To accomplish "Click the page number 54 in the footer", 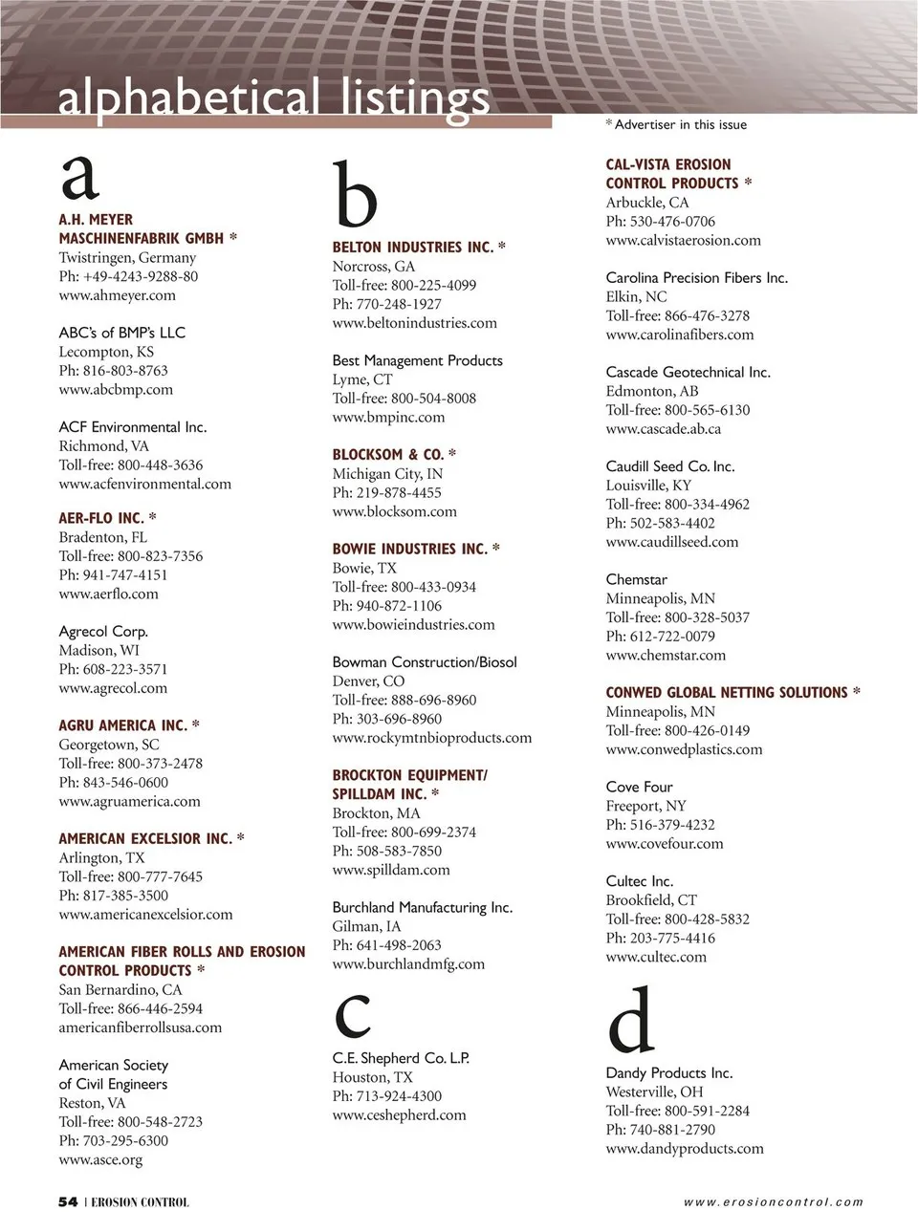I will click(68, 1202).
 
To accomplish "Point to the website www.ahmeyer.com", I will click(117, 295).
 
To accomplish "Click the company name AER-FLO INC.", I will click(101, 518).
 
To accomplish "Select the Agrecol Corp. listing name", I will click(103, 632).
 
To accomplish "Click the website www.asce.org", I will click(100, 1160).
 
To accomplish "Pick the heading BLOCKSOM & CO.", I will click(387, 455).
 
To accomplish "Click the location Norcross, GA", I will click(374, 267).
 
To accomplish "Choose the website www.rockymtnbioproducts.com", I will click(432, 738).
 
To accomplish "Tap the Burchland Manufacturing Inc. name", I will click(423, 908).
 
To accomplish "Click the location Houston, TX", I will click(373, 1077).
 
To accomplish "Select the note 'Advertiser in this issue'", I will click(680, 125).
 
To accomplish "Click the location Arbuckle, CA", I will click(647, 203).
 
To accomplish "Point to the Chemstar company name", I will click(637, 580).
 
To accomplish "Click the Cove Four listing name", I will click(640, 788).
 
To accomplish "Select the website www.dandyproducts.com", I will click(685, 1149).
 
